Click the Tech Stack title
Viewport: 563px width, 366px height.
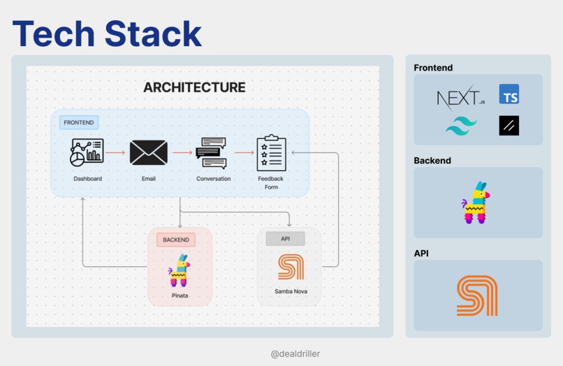point(107,33)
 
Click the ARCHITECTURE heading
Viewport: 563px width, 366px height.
point(194,87)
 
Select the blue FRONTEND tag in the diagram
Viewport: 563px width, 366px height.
point(79,122)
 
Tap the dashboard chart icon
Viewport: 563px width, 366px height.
point(87,152)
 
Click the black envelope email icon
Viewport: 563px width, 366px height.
point(148,152)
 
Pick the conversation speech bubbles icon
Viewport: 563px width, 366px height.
point(211,153)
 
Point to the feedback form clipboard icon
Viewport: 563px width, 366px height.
point(271,153)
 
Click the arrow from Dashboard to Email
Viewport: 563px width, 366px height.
point(115,152)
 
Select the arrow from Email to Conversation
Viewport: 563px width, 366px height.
point(182,152)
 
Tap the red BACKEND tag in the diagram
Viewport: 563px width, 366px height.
point(176,240)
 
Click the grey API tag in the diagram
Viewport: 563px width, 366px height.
point(285,239)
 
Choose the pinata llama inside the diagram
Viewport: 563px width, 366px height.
point(180,270)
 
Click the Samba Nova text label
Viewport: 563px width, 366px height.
point(291,291)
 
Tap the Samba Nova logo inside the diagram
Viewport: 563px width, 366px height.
point(291,267)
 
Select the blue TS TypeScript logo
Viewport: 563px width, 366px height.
point(509,94)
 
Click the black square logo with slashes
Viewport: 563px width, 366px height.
point(509,126)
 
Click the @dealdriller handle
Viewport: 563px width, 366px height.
point(295,353)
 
